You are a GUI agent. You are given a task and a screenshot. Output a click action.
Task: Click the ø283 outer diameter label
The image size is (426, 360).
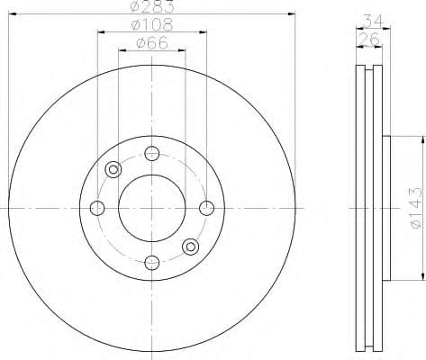[151, 7]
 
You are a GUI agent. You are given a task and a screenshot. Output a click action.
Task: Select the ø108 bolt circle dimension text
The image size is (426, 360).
[152, 26]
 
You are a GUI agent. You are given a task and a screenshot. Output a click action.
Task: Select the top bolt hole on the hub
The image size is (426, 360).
[152, 153]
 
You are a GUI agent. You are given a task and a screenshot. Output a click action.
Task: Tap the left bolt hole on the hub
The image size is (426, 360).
[98, 209]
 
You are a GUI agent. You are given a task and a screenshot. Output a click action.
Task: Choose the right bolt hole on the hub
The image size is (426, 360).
[206, 209]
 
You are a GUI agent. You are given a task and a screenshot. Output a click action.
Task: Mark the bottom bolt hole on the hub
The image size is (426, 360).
[152, 263]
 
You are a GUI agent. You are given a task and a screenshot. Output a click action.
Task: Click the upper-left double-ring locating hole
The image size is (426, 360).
[113, 169]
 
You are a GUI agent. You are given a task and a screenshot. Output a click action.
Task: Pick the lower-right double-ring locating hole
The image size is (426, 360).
[190, 247]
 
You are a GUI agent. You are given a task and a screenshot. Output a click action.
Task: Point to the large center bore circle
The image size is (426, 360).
[152, 208]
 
